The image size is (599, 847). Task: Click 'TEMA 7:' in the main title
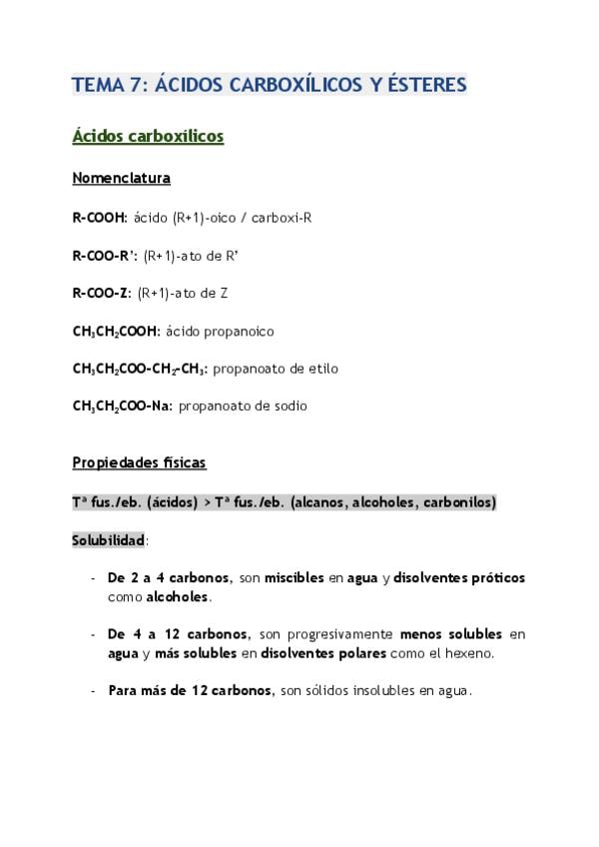click(x=107, y=86)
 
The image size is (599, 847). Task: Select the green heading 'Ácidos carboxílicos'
click(x=148, y=136)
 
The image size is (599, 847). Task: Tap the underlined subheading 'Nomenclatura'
click(x=121, y=179)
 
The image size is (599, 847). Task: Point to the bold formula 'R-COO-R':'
click(x=105, y=255)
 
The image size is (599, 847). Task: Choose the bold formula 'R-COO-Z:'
click(x=102, y=293)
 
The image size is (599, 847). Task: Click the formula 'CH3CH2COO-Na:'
click(x=122, y=407)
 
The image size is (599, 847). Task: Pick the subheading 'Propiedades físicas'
click(x=139, y=463)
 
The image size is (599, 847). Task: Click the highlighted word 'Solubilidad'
click(x=109, y=540)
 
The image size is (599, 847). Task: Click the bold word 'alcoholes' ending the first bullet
click(x=178, y=596)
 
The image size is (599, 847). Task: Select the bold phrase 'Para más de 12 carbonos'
click(x=190, y=691)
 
